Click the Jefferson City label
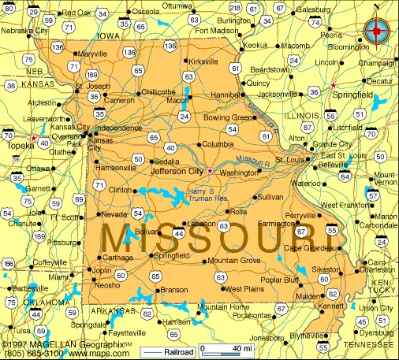(x=177, y=169)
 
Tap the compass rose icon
(x=378, y=31)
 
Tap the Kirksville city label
(x=203, y=61)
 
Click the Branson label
(x=173, y=290)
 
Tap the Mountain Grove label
(x=233, y=260)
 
